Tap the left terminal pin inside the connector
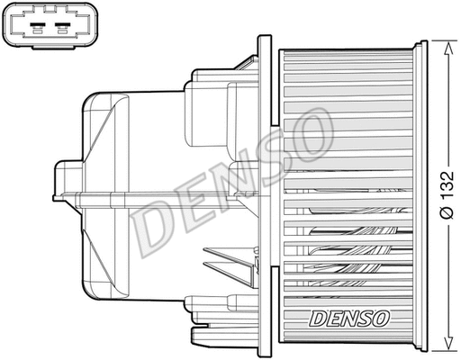click(37, 27)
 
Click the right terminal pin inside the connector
click(63, 27)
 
